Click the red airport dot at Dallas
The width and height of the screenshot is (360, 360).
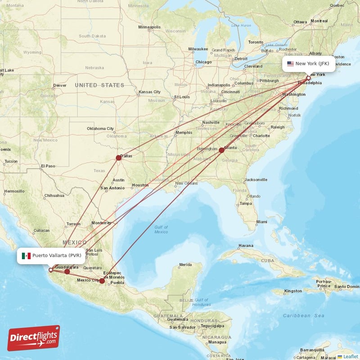(118, 157)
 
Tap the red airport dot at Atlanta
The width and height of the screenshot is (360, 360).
(221, 150)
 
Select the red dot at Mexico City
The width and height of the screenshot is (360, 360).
(102, 281)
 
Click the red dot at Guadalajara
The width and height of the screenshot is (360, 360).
(67, 271)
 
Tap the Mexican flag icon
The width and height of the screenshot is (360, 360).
(27, 256)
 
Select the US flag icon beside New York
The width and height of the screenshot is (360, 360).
(290, 63)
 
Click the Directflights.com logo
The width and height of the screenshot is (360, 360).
(34, 338)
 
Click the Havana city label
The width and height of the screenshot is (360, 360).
(246, 246)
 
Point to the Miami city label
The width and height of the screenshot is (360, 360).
(261, 222)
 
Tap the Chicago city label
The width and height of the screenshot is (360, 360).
(203, 62)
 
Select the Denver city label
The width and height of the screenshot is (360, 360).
(59, 85)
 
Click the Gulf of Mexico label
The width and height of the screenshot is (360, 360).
(161, 229)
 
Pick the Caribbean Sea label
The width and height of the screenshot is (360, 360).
(304, 316)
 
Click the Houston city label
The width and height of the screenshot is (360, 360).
(140, 185)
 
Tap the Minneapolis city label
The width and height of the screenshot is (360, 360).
(149, 27)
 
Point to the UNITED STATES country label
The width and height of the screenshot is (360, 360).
(99, 85)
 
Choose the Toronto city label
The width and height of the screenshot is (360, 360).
(256, 42)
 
